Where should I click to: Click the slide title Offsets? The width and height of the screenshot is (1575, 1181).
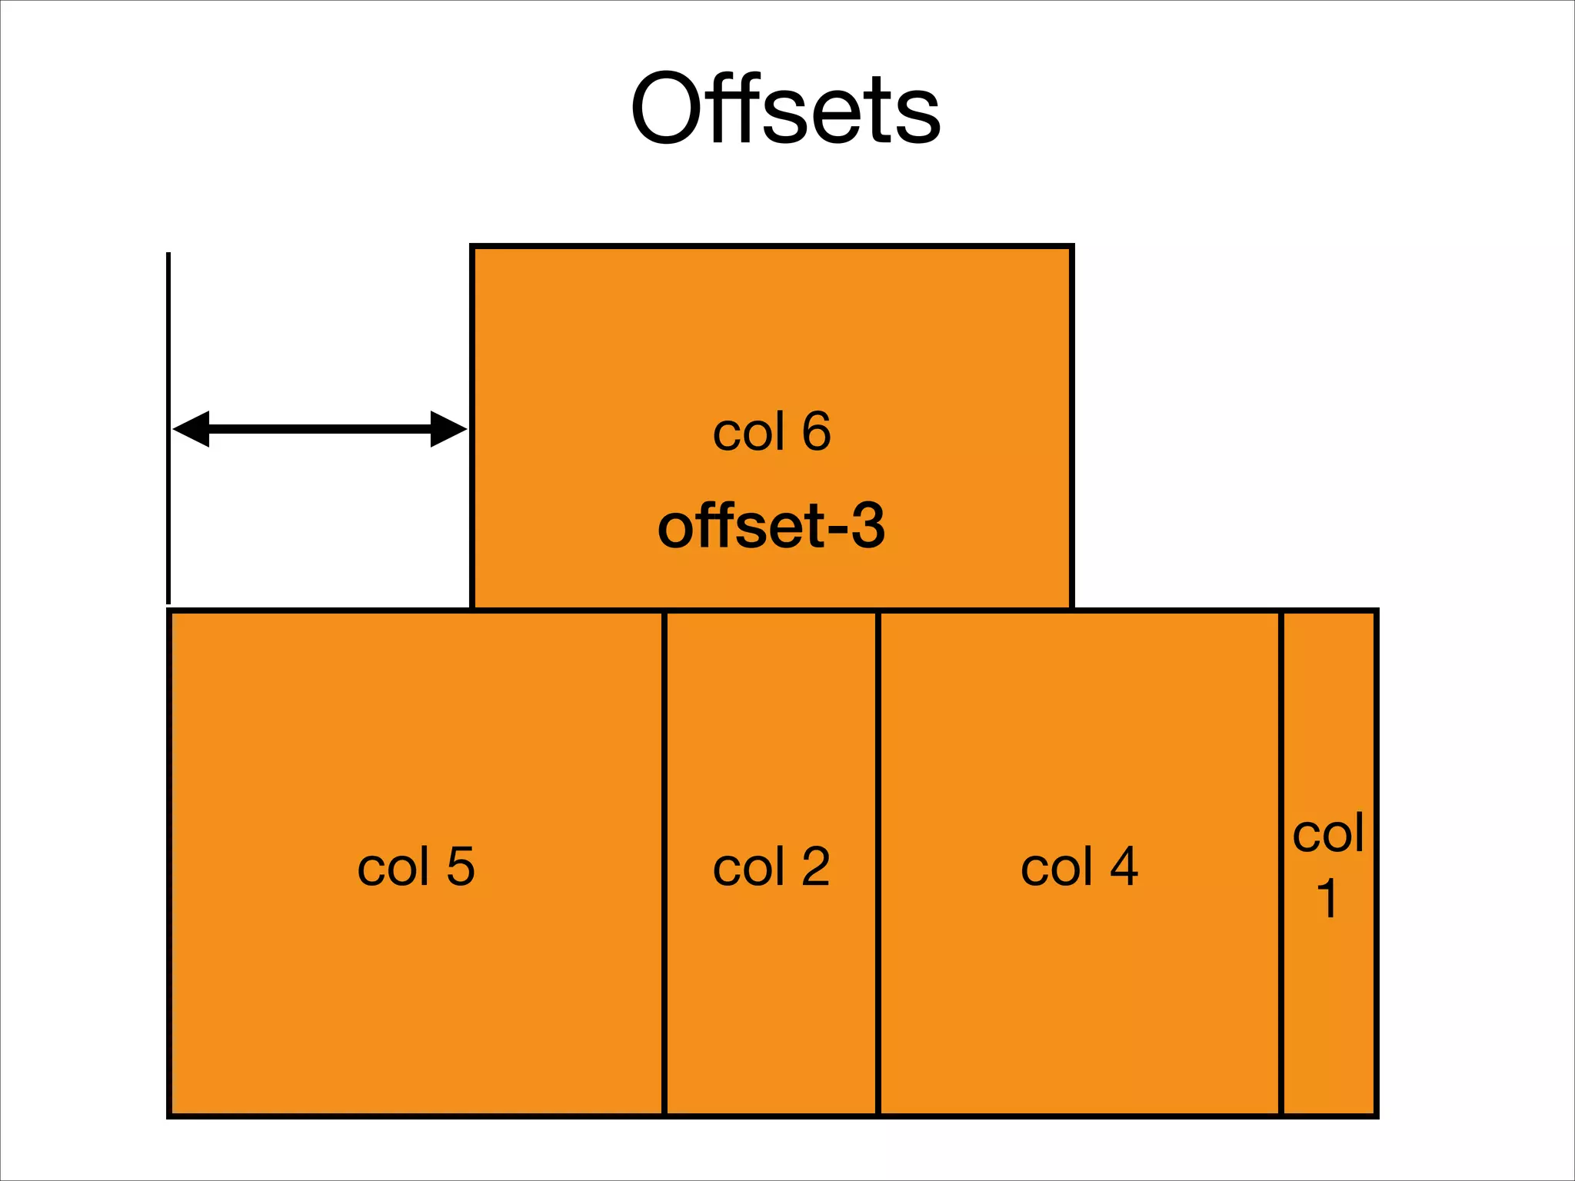pyautogui.click(x=785, y=109)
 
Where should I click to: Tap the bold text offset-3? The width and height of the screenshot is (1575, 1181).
pyautogui.click(x=771, y=527)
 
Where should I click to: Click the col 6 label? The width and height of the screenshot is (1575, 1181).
pyautogui.click(x=771, y=431)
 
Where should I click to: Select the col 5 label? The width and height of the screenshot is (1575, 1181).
pyautogui.click(x=416, y=867)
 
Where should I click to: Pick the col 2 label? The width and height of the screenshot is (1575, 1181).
pyautogui.click(x=771, y=867)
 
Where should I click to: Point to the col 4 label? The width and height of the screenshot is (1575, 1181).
pyautogui.click(x=1079, y=867)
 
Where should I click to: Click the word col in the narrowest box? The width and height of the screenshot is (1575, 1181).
pyautogui.click(x=1328, y=833)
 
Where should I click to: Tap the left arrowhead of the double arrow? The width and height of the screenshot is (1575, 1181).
pyautogui.click(x=191, y=429)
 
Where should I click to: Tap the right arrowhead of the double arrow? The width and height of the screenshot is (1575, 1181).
pyautogui.click(x=448, y=429)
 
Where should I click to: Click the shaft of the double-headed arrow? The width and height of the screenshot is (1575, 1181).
pyautogui.click(x=319, y=429)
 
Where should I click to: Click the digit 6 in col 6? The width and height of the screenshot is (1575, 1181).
pyautogui.click(x=816, y=431)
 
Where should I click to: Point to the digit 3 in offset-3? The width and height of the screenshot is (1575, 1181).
pyautogui.click(x=867, y=527)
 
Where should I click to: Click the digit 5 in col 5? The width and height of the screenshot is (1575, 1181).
pyautogui.click(x=461, y=867)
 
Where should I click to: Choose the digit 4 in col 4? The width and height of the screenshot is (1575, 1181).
pyautogui.click(x=1124, y=867)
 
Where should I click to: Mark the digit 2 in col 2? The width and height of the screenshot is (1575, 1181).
pyautogui.click(x=816, y=867)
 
